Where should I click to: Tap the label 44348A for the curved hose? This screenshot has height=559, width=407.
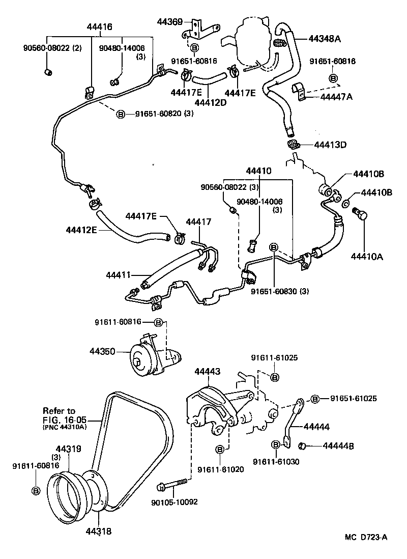point(324,38)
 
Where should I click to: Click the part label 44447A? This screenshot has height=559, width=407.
point(336,97)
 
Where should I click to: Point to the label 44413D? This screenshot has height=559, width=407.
point(330,145)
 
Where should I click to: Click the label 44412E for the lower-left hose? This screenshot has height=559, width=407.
point(81,230)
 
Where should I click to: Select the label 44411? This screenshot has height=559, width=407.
point(119,275)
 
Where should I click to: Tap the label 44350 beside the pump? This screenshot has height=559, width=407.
point(103,351)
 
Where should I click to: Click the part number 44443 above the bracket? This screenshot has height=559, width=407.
point(207,372)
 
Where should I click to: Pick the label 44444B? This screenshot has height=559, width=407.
point(338,446)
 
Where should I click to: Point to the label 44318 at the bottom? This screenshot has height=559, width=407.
point(98,532)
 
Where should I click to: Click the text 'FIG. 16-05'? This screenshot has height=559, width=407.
point(65,420)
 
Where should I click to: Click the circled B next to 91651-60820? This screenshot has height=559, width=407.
point(121,114)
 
